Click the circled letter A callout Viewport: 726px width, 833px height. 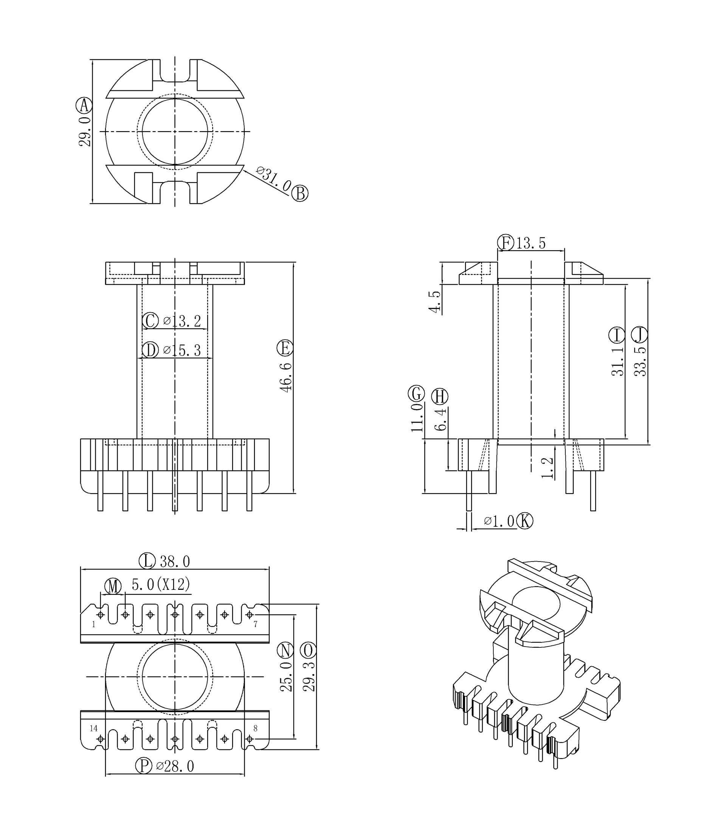click(84, 106)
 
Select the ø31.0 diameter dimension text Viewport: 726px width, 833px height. click(274, 179)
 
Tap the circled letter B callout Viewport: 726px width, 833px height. click(300, 193)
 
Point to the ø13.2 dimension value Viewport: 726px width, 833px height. click(182, 321)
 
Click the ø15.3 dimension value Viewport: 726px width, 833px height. click(182, 350)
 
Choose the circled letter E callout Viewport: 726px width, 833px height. click(285, 348)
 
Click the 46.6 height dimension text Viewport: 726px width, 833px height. click(286, 378)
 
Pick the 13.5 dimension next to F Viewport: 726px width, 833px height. click(531, 243)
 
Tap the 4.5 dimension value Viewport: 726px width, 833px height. click(434, 301)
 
